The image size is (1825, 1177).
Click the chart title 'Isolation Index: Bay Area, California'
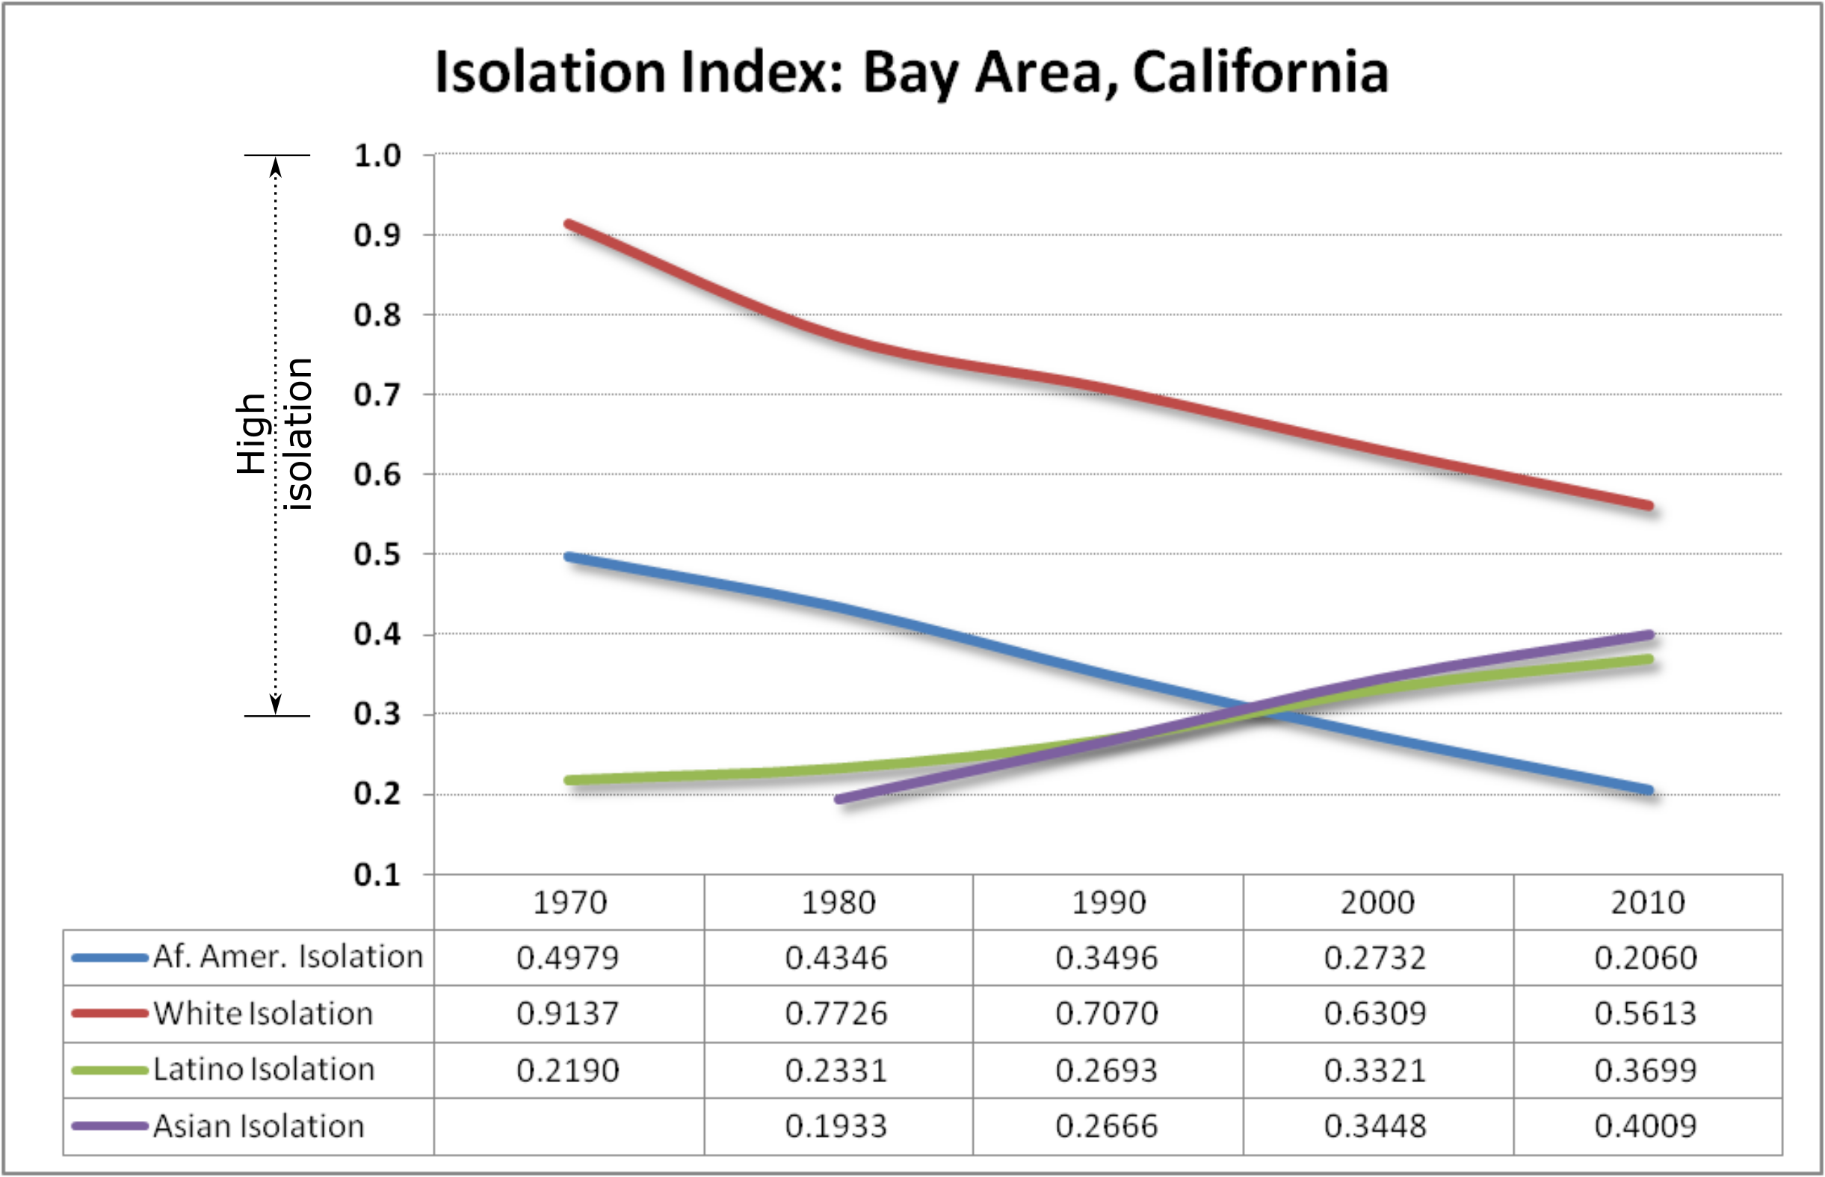[x=911, y=72]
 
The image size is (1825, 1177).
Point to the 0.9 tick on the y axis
[x=377, y=235]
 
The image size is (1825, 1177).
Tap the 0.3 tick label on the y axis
[x=377, y=714]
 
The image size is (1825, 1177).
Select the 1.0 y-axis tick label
[x=377, y=155]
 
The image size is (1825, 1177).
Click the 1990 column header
[x=1108, y=903]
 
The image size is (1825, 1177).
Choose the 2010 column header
[x=1648, y=903]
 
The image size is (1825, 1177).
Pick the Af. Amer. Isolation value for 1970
[x=568, y=957]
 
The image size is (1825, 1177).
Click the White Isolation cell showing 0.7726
[x=837, y=1013]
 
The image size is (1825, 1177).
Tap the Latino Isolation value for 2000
[x=1376, y=1070]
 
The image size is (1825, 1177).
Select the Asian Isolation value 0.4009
[x=1646, y=1125]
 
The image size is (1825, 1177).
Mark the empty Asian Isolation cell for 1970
[x=569, y=1127]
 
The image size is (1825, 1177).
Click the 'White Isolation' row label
[x=264, y=1013]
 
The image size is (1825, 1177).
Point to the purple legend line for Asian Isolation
[x=109, y=1125]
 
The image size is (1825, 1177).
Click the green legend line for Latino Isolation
[x=109, y=1070]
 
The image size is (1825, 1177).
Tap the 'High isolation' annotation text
[x=274, y=433]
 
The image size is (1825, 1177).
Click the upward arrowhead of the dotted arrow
[x=276, y=165]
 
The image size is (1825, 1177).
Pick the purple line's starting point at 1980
[x=839, y=800]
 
